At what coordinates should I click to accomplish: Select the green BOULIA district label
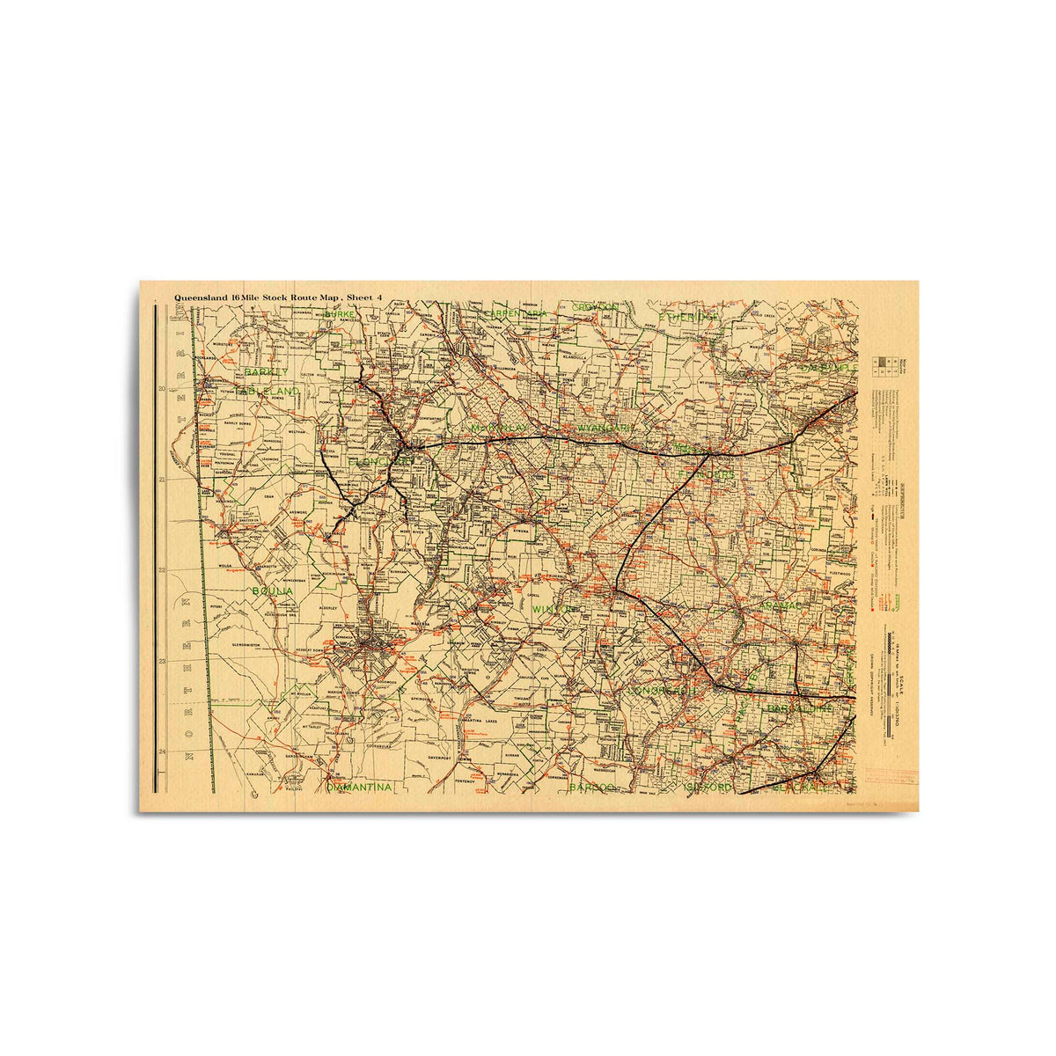pyautogui.click(x=272, y=591)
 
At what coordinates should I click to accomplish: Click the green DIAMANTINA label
pyautogui.click(x=358, y=788)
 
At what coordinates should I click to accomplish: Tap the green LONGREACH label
pyautogui.click(x=661, y=692)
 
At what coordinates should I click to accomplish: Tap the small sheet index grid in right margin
pyautogui.click(x=881, y=367)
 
